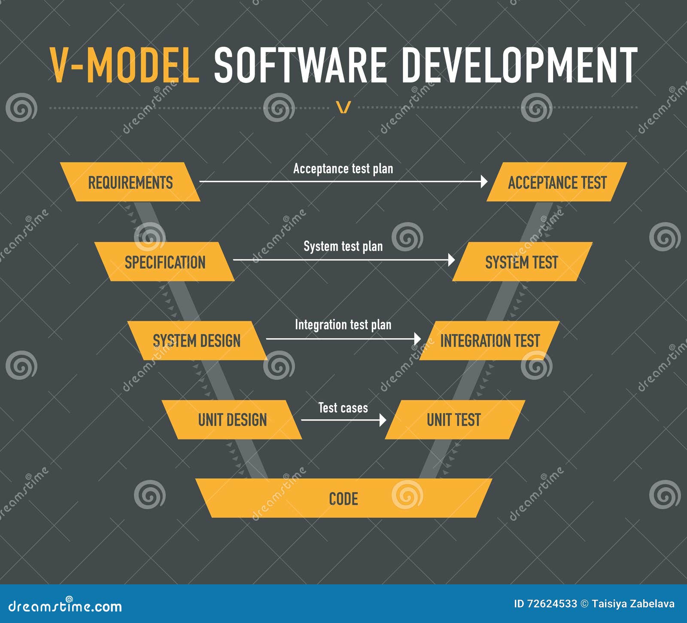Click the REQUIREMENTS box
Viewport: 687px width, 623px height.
pos(130,182)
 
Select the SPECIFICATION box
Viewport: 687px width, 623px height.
pos(164,262)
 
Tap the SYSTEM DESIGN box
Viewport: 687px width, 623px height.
pos(197,341)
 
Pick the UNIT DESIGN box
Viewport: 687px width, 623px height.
pos(232,420)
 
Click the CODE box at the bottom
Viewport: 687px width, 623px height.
pos(343,498)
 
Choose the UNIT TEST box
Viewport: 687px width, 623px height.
pos(454,420)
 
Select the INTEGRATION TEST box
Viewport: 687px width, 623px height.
pos(489,341)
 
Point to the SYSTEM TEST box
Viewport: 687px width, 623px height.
pos(522,262)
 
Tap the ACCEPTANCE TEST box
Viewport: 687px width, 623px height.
pos(557,182)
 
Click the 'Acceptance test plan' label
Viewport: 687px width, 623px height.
pos(343,169)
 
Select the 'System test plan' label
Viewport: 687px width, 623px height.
pos(343,246)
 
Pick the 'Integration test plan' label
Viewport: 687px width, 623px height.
pos(343,325)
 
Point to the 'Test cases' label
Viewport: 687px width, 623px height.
pos(343,408)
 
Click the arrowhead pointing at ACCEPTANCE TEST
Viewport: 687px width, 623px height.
pos(484,182)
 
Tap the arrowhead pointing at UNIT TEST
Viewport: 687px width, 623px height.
pos(383,420)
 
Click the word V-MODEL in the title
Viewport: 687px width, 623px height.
pos(125,65)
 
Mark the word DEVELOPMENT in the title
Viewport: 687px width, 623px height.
pos(519,65)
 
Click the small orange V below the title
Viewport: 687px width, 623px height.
pos(343,107)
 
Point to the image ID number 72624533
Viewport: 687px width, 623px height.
pos(545,604)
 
